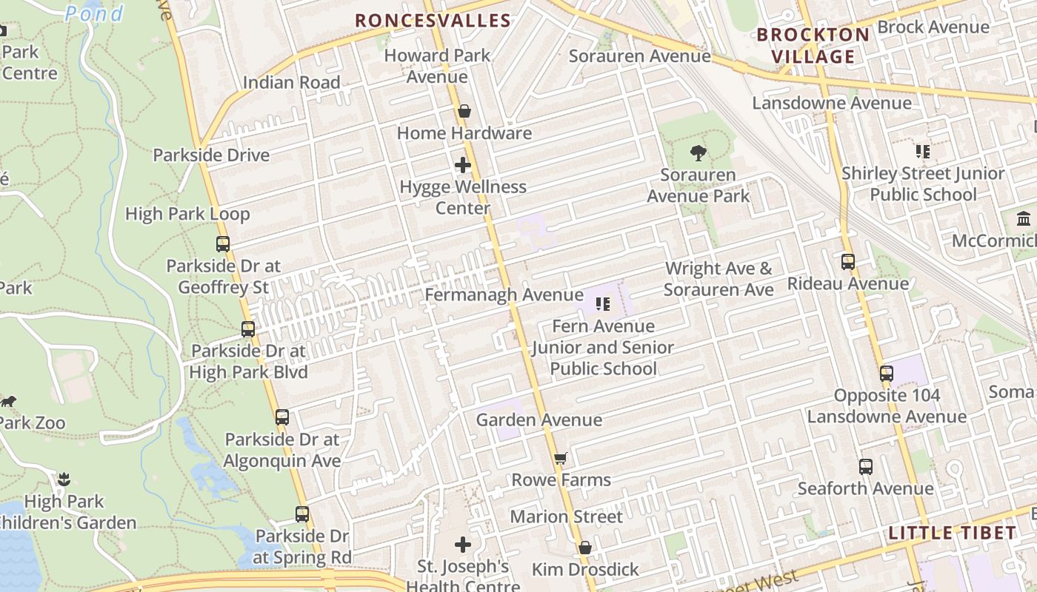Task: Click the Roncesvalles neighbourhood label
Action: (x=433, y=21)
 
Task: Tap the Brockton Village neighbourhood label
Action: (x=813, y=45)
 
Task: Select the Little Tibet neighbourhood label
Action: (x=952, y=533)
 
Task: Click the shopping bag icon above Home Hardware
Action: (x=464, y=112)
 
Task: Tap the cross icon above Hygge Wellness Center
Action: (x=463, y=165)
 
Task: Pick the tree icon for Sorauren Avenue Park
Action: (x=698, y=153)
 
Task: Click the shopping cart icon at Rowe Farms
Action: (x=561, y=459)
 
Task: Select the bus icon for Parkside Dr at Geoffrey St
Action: (x=223, y=243)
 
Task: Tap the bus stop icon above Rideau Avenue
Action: (x=848, y=262)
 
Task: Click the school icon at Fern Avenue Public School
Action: (x=603, y=304)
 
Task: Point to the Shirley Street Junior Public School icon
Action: (x=922, y=152)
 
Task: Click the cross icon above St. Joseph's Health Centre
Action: (x=463, y=545)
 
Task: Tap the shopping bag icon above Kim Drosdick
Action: (x=585, y=548)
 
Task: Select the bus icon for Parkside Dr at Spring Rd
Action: (x=302, y=514)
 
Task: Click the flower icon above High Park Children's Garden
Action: (x=64, y=480)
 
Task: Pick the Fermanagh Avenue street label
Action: (x=504, y=295)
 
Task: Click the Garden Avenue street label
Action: (x=538, y=420)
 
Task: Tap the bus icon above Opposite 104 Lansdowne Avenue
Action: (x=887, y=374)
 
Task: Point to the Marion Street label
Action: (x=566, y=517)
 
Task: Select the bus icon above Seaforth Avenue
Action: (x=866, y=467)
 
